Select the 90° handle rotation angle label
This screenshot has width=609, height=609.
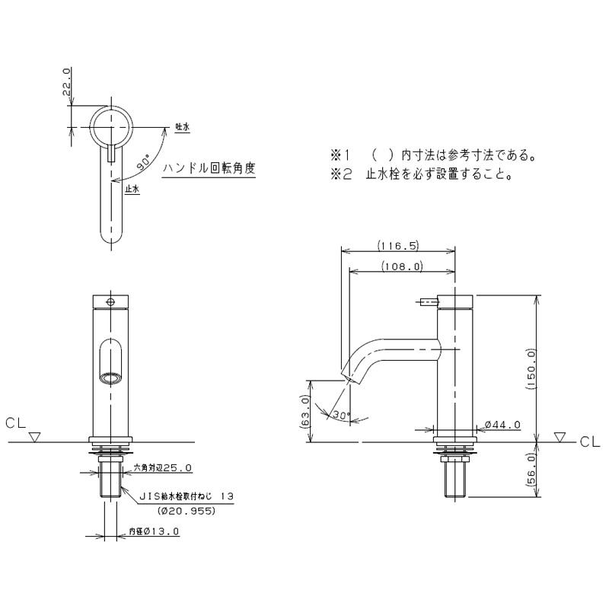143,162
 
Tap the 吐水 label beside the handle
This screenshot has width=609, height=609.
182,127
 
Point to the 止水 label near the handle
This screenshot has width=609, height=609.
132,190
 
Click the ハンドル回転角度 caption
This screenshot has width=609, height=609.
209,168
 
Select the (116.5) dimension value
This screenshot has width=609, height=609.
398,245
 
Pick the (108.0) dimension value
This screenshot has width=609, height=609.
402,266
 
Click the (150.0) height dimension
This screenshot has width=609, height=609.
531,368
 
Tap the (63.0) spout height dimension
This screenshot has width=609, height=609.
305,413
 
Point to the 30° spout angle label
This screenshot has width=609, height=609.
341,415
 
